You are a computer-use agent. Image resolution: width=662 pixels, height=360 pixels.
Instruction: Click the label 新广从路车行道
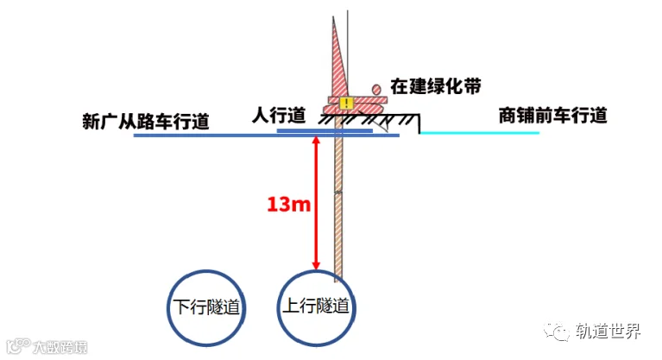[146, 121]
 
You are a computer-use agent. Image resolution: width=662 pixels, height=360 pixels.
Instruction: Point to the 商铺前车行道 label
[552, 115]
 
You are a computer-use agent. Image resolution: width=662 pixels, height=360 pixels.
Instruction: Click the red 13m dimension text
[287, 205]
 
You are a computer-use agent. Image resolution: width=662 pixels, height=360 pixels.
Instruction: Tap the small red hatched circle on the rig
[376, 88]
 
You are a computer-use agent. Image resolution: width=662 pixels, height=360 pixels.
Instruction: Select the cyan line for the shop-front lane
[479, 133]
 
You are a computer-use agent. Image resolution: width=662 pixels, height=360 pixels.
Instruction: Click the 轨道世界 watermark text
[608, 332]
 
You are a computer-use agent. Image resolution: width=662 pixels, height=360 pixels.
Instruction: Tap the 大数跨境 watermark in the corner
[52, 348]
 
